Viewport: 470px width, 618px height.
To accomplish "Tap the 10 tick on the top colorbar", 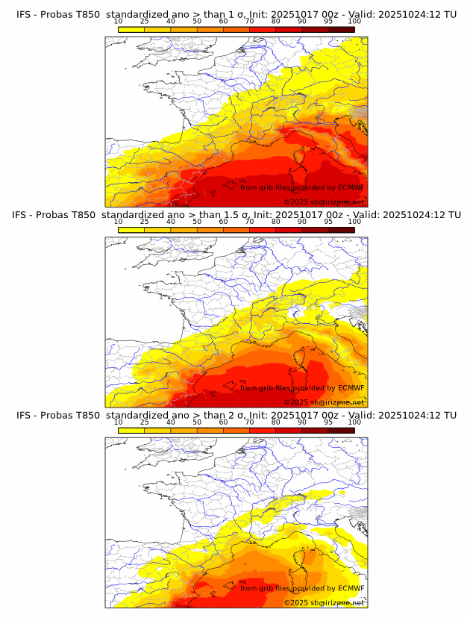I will pos(119,21).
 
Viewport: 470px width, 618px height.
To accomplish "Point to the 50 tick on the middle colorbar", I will pos(197,222).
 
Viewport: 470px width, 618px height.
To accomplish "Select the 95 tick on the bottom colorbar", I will pos(328,422).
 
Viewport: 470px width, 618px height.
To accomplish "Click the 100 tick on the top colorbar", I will pos(354,21).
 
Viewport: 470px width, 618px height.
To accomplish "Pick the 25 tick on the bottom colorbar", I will pos(145,422).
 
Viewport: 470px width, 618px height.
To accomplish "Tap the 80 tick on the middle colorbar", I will pos(276,222).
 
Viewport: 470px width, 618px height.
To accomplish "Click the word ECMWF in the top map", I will pos(351,187).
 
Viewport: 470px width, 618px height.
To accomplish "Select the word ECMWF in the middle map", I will pos(351,388).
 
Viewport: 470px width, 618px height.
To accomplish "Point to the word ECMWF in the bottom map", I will pos(351,588).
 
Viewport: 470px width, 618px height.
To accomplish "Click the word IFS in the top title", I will pos(24,14).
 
